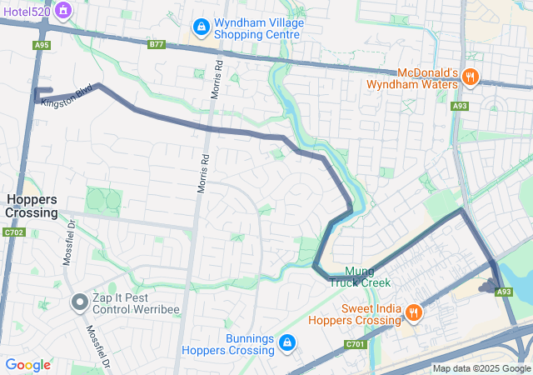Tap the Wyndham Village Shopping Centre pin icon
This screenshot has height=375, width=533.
tap(200, 28)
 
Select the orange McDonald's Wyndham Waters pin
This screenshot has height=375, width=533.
tap(471, 77)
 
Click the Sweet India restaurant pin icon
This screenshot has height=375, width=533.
tap(413, 313)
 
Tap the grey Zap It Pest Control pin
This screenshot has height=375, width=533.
tap(80, 302)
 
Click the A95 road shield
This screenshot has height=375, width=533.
tap(42, 44)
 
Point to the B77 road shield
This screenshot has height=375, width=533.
tap(156, 44)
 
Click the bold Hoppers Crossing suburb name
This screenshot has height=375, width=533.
tap(32, 206)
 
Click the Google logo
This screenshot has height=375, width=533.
tap(27, 364)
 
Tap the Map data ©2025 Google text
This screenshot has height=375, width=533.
tap(481, 368)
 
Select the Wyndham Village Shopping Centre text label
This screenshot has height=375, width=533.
tap(258, 28)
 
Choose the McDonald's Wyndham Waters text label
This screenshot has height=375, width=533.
tap(416, 77)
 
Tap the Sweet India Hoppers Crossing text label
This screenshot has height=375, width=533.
tap(355, 313)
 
